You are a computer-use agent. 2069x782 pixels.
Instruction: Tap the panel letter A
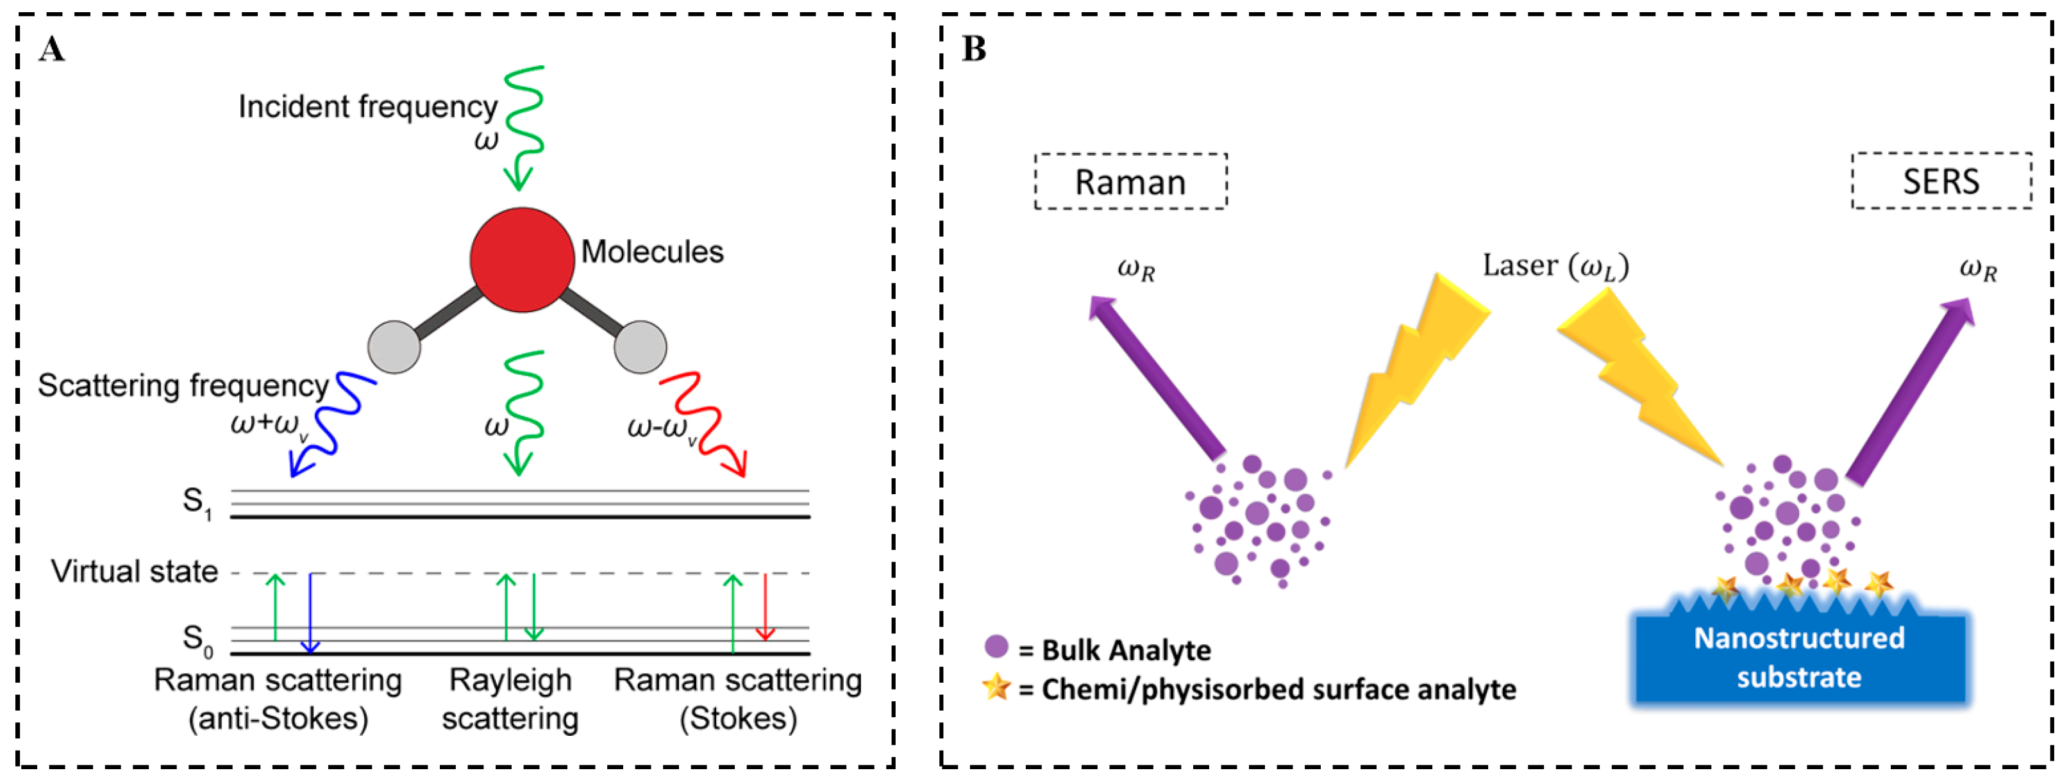pyautogui.click(x=51, y=50)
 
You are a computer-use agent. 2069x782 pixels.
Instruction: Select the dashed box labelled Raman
pyautogui.click(x=1130, y=182)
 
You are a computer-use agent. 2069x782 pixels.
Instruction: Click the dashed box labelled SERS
pyautogui.click(x=1941, y=181)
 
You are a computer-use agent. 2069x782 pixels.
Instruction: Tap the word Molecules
pyautogui.click(x=652, y=252)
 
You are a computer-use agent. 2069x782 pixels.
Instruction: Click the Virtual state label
pyautogui.click(x=135, y=572)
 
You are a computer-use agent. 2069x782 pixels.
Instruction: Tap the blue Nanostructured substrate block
pyautogui.click(x=1799, y=658)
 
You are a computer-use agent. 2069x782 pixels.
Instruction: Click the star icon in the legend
pyautogui.click(x=996, y=686)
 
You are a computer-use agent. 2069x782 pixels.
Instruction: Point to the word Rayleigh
pyautogui.click(x=511, y=681)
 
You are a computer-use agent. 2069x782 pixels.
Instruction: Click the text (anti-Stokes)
pyautogui.click(x=278, y=719)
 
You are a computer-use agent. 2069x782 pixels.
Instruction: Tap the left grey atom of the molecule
pyautogui.click(x=394, y=347)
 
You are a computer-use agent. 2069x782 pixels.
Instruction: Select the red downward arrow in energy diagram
pyautogui.click(x=765, y=606)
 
